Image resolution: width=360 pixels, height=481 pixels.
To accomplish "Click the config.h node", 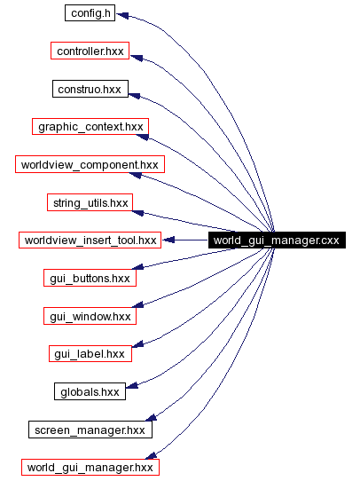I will pos(90,14).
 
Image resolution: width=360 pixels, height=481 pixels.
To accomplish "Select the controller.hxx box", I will pos(90,51).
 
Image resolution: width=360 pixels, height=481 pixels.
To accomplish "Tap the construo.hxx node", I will pos(90,90).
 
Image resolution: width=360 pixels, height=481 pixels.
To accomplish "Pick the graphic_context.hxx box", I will pos(90,127).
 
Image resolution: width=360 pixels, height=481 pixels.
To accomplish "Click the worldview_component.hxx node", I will pos(90,165).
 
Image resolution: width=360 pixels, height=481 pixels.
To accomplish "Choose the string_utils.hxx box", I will pos(90,202).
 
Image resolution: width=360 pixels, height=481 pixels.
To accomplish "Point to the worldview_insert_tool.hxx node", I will pos(90,240).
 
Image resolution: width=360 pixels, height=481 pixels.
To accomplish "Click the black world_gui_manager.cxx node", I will pos(278,240).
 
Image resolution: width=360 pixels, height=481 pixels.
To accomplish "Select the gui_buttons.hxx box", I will pos(90,278).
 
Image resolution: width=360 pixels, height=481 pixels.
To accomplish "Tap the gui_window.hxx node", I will pos(90,316).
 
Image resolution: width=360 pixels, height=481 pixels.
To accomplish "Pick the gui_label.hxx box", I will pos(90,353).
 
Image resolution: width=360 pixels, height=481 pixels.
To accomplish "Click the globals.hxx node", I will pos(90,391).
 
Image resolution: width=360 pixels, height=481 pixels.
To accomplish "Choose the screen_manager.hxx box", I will pos(90,430).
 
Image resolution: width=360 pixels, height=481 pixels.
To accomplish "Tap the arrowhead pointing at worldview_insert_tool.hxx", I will pos(168,240).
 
